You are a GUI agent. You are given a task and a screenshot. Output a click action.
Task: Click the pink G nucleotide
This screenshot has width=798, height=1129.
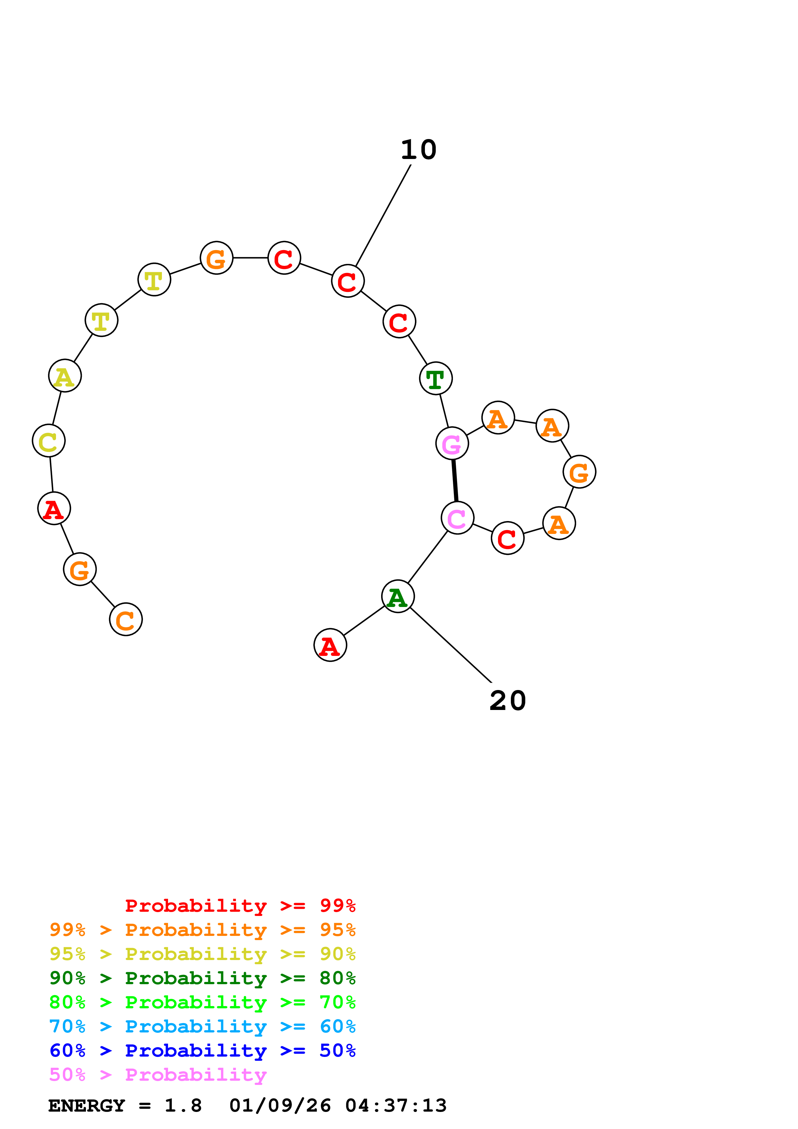(x=452, y=443)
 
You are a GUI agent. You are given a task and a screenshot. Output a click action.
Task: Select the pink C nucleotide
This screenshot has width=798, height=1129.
(x=457, y=518)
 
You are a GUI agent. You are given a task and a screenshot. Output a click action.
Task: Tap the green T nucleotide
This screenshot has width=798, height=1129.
(x=436, y=378)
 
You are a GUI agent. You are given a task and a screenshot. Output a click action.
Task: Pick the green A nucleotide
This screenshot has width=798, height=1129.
(x=398, y=596)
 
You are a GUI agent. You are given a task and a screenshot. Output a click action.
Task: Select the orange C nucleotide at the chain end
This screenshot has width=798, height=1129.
(x=126, y=620)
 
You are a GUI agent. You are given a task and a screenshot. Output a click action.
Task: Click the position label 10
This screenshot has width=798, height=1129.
(x=418, y=150)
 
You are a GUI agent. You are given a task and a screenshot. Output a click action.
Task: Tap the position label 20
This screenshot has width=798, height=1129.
(x=507, y=701)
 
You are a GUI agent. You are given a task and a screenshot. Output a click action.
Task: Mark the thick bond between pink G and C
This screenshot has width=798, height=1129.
(x=455, y=481)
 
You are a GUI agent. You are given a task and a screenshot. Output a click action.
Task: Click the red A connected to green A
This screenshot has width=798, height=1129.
(x=330, y=645)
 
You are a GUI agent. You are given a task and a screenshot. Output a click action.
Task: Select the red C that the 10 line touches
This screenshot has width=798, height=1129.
(x=348, y=281)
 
